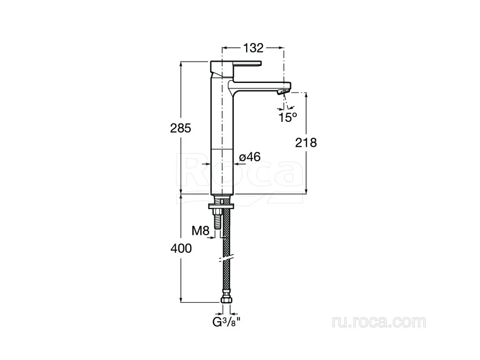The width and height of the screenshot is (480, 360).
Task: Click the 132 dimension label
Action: coord(253,48)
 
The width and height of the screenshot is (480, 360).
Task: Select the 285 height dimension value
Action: coord(180,128)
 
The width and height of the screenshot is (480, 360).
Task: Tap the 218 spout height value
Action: coord(306,142)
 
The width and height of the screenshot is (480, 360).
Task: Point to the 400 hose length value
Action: coord(181,248)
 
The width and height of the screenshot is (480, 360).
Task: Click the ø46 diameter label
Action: coord(249,157)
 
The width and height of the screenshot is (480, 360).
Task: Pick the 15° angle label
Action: coord(287,117)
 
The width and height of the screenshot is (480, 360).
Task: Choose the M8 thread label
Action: coord(200,231)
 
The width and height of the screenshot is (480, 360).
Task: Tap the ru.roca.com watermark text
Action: coord(379,322)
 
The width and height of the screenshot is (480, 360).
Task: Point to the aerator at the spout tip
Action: coord(283,91)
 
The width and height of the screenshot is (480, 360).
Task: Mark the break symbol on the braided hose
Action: coord(226,259)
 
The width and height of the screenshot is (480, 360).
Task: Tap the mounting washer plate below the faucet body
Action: coord(221,206)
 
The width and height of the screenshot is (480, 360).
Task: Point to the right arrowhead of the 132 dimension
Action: coord(281,48)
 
